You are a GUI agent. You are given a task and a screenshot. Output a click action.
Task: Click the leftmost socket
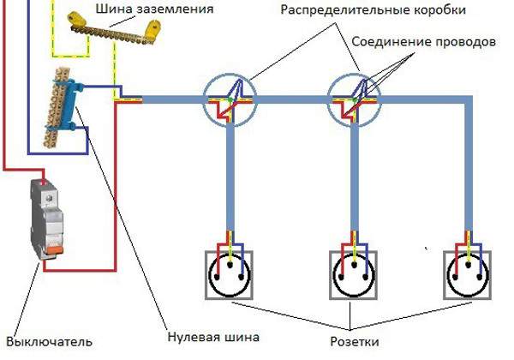point(230,274)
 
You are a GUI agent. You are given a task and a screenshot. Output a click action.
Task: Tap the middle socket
point(355,274)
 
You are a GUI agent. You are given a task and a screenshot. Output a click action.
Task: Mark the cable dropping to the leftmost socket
point(230,180)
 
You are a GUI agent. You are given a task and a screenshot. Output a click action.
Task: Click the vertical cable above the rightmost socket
point(469,171)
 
